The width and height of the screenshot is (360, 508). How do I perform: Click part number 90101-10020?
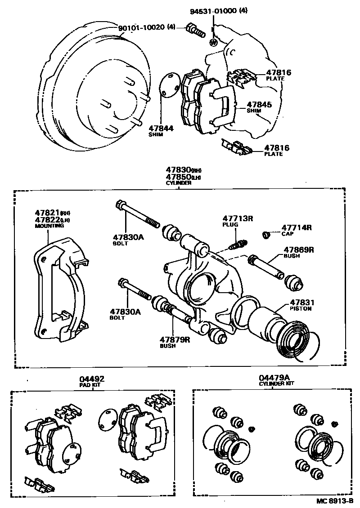[142, 28]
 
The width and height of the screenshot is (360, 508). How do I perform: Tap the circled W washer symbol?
[213, 42]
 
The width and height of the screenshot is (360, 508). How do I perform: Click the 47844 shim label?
[161, 128]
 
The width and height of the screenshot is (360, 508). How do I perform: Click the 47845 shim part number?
[260, 105]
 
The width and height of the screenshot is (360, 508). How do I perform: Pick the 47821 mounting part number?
[47, 212]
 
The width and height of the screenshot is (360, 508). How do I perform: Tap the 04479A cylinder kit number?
[274, 378]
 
